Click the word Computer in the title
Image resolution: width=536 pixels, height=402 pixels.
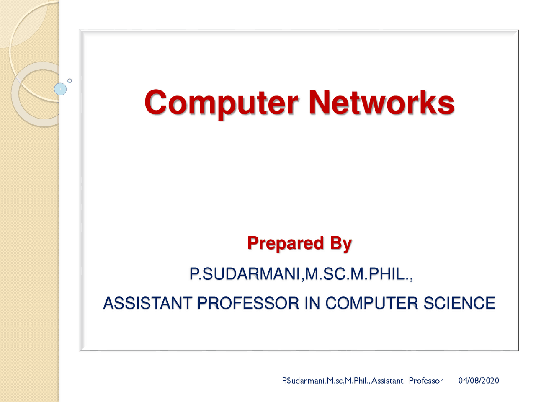[x=221, y=103]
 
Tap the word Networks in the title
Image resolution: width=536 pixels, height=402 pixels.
[x=381, y=103]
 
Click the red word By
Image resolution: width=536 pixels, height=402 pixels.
[x=341, y=244]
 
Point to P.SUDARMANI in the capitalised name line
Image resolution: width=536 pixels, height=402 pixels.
[x=245, y=274]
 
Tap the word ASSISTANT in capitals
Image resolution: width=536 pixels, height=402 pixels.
[x=148, y=303]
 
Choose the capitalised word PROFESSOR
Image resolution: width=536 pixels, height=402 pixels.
[x=248, y=303]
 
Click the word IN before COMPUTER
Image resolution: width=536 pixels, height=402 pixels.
[x=312, y=303]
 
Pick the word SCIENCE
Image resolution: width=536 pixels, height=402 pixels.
[x=459, y=303]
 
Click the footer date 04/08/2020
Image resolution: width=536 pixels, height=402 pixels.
[x=479, y=381]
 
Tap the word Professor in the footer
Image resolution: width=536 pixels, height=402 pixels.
[x=426, y=381]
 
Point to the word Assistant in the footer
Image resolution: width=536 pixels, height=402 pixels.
[x=387, y=381]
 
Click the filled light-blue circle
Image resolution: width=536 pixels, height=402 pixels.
[x=61, y=89]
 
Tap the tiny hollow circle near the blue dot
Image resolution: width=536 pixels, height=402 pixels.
[x=70, y=80]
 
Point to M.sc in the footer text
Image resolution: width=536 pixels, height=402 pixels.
[x=335, y=381]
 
